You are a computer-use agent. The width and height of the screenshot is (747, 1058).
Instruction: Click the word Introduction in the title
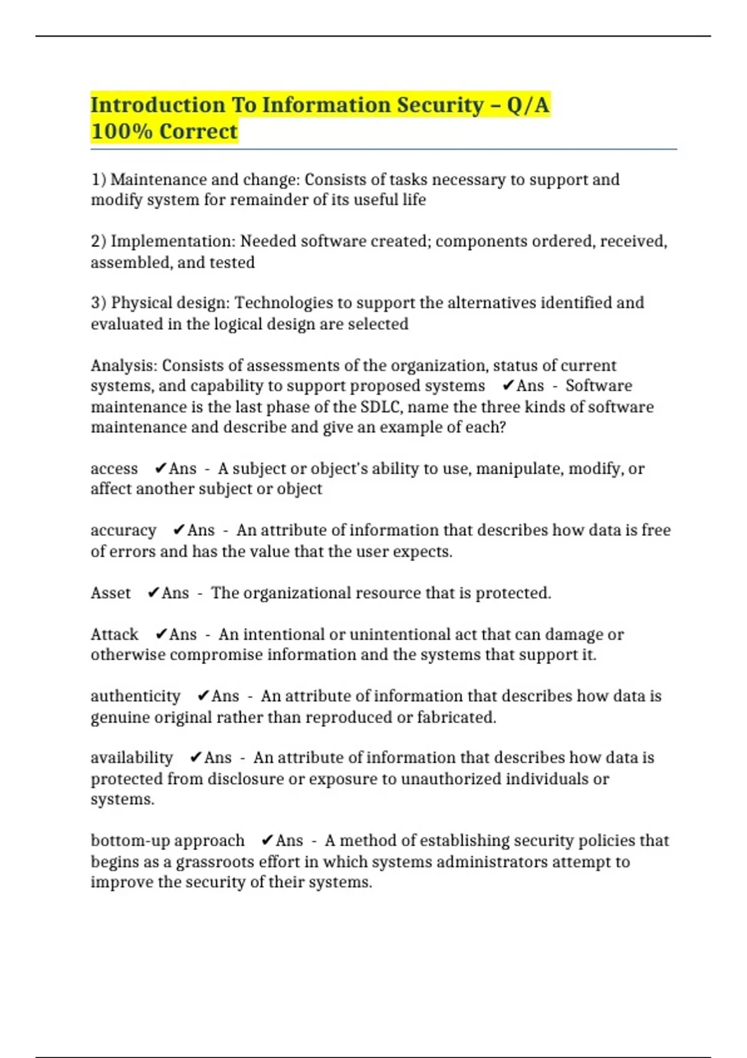click(x=157, y=105)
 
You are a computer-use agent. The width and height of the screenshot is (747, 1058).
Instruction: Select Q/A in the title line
click(x=528, y=105)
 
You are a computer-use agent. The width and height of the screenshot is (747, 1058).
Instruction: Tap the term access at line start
click(x=114, y=469)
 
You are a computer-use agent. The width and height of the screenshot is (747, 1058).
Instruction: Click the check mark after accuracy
click(x=179, y=530)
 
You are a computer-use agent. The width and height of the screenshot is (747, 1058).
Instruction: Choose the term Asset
click(x=111, y=593)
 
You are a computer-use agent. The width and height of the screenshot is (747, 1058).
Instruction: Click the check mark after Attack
click(x=161, y=634)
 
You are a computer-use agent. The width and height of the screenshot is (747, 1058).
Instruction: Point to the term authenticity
click(x=135, y=696)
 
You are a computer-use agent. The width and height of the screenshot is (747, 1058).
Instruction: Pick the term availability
click(x=131, y=758)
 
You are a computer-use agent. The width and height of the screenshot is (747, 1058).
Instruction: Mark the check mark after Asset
click(x=153, y=593)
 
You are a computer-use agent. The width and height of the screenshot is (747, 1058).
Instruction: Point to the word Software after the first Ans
click(x=598, y=386)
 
